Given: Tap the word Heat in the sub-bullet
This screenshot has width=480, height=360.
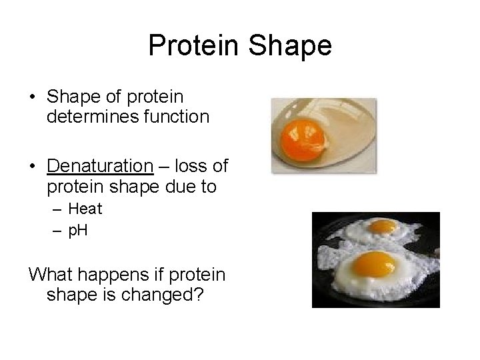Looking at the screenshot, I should pos(85,209).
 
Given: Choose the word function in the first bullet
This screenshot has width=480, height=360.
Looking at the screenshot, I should pos(177,117).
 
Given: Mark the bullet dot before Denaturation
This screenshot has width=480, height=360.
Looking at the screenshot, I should pos(33,165).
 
